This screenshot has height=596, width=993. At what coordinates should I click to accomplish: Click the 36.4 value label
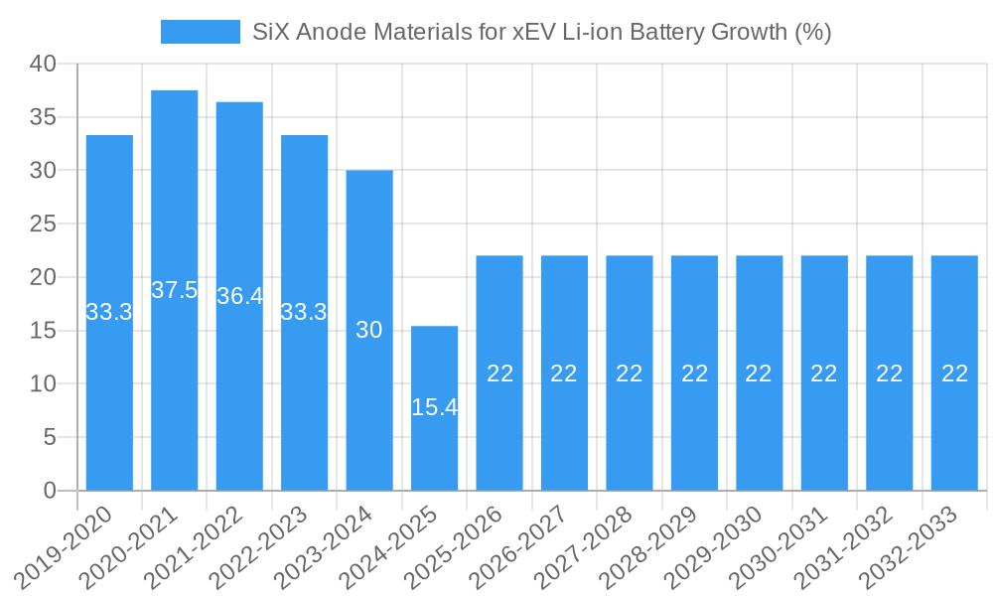click(239, 296)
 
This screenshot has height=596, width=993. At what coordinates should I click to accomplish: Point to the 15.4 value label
click(435, 406)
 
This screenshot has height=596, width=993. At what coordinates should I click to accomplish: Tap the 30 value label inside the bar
click(369, 330)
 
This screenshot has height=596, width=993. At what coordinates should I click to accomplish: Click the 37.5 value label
click(175, 290)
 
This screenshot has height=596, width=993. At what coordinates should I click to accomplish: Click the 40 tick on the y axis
click(44, 64)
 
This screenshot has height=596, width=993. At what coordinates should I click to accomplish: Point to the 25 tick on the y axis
click(44, 223)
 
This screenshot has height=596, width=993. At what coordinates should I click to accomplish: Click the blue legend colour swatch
click(201, 32)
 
